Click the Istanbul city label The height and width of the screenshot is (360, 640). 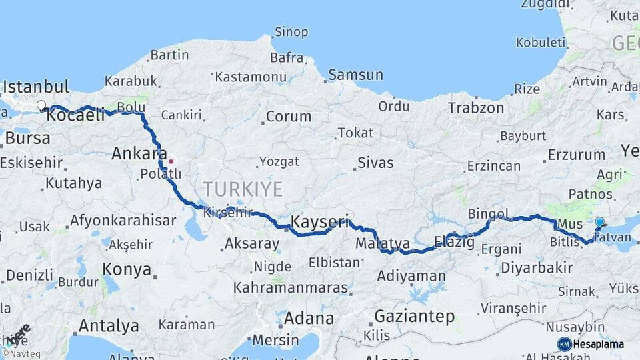point(36,87)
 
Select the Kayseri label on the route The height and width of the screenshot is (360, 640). point(320,221)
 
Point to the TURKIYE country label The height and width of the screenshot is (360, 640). point(243,189)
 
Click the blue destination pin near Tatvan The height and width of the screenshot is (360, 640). point(599,223)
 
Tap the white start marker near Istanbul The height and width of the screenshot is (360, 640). point(41,105)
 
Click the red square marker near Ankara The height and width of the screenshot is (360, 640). point(171,161)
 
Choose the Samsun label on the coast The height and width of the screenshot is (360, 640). point(355,75)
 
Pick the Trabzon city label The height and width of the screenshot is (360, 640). point(475,107)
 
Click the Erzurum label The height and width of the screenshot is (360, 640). point(576,155)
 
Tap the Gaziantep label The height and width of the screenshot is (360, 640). point(414,316)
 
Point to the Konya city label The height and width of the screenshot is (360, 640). point(125,269)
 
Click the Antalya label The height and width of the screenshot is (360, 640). point(109,326)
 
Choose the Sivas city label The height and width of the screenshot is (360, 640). point(375,163)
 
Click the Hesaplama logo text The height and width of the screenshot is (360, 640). point(599,344)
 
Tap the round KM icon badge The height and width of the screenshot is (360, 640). point(564,344)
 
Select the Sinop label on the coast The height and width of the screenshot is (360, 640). point(291,32)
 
